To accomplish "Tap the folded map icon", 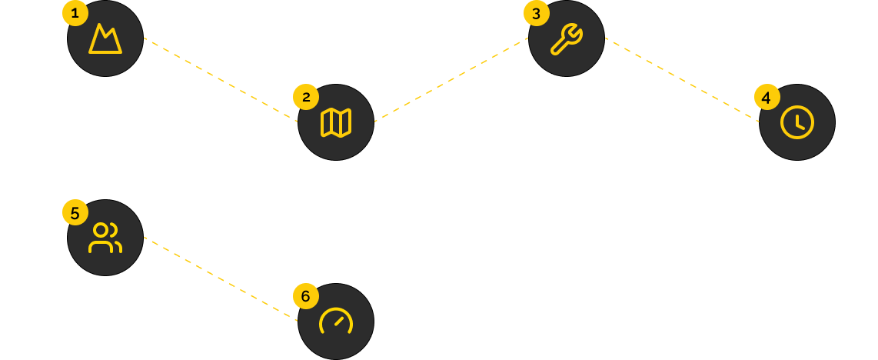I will (x=336, y=122).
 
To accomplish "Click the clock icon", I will (x=797, y=122).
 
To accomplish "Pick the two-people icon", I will (x=105, y=238).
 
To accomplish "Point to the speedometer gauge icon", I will (x=336, y=322).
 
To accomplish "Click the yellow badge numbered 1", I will (x=75, y=13).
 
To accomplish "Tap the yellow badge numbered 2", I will (x=306, y=97).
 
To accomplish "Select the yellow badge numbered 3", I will (x=536, y=13).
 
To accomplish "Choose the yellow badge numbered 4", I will (x=767, y=98).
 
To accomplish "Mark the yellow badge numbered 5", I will (x=75, y=213).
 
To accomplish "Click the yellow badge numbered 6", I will (x=305, y=296).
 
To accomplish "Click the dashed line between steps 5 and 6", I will (x=221, y=279).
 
